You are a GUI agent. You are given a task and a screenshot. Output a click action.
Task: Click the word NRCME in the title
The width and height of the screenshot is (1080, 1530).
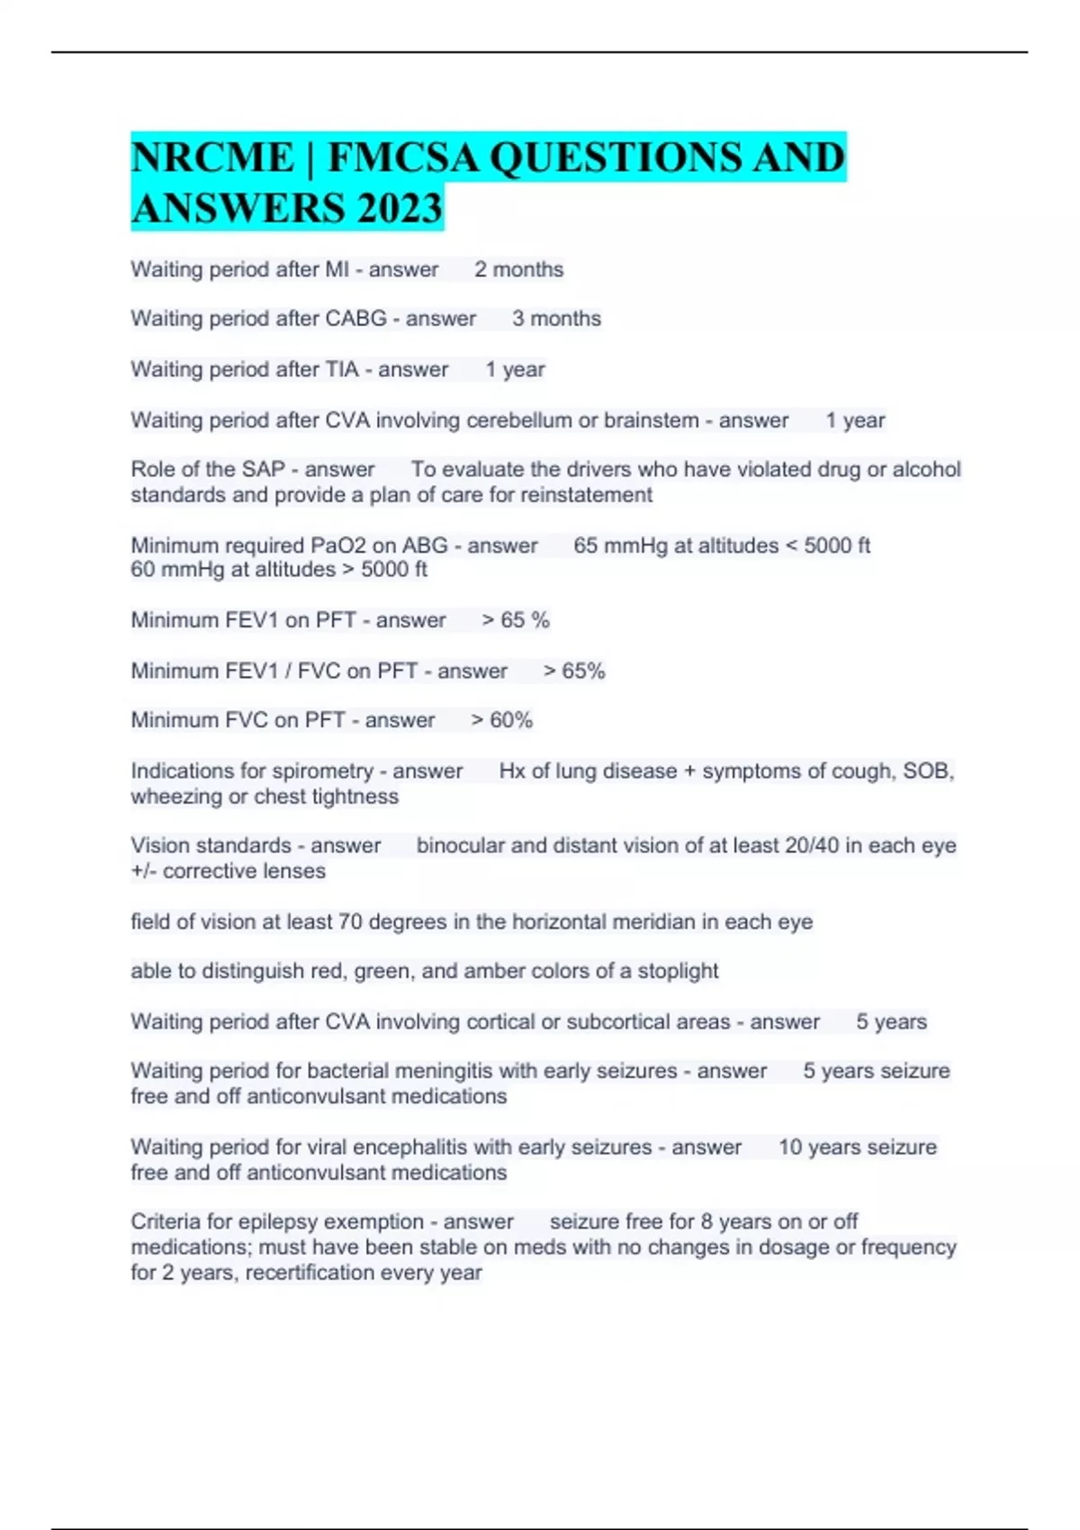click(x=212, y=158)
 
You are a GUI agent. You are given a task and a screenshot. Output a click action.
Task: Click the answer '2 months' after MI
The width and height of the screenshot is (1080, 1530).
click(x=518, y=269)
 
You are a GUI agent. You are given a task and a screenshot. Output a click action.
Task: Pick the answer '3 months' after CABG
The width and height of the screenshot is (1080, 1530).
click(x=556, y=319)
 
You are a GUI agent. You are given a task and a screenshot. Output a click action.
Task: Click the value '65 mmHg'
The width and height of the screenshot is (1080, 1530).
click(x=616, y=545)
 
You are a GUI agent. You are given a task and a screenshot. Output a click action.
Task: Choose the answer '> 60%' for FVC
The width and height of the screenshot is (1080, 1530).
click(x=501, y=720)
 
